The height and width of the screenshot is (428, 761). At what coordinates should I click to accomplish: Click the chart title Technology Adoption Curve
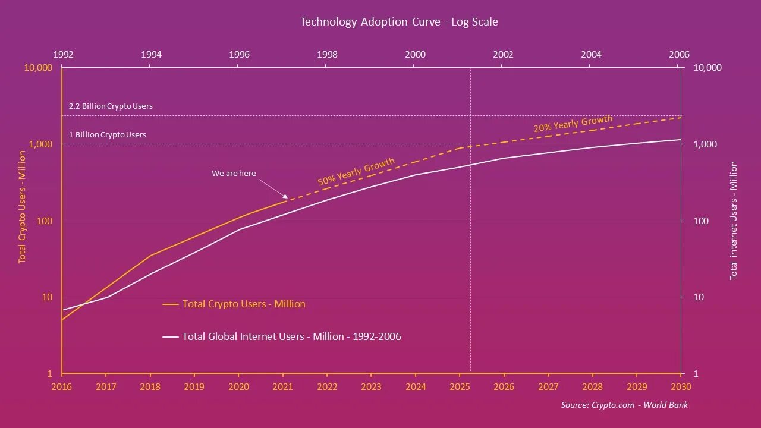(x=399, y=22)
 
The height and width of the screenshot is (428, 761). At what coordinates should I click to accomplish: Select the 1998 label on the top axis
(x=327, y=55)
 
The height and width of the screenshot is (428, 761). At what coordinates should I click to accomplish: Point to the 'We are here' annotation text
(x=234, y=174)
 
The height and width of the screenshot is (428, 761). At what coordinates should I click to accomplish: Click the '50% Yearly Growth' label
(x=356, y=172)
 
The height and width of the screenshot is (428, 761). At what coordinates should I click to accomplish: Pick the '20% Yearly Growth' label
(x=573, y=124)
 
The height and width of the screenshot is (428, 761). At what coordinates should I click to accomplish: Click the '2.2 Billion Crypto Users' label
(x=111, y=106)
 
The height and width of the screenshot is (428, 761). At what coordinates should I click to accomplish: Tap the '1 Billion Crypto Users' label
(x=108, y=135)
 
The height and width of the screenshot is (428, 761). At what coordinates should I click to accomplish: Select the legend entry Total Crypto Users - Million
(x=244, y=304)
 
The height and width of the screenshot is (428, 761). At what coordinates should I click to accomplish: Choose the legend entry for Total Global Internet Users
(x=291, y=336)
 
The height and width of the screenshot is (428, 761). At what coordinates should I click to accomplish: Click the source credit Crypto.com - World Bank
(x=624, y=405)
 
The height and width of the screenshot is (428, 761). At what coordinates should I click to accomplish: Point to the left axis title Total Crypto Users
(x=22, y=207)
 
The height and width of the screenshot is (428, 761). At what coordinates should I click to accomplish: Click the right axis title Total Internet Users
(x=734, y=220)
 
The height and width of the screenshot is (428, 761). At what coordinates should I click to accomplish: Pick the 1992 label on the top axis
(x=64, y=55)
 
